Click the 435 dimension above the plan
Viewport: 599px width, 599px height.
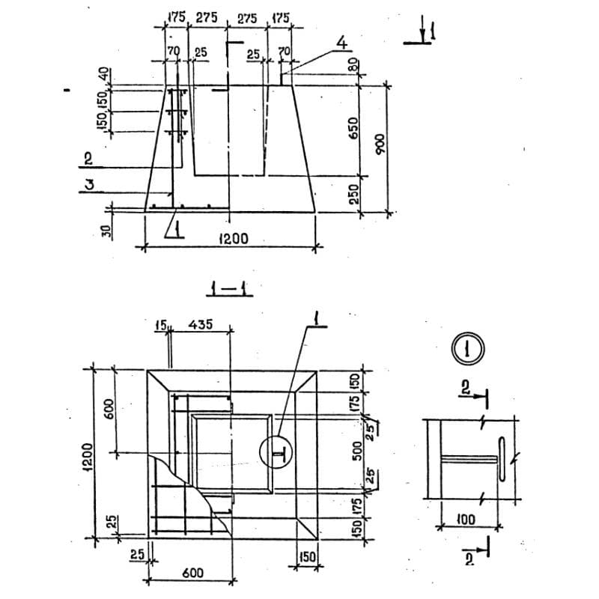coord(200,324)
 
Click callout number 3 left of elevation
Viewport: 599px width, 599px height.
coord(88,185)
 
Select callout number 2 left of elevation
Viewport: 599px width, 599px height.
coord(88,158)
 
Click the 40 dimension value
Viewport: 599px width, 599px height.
coord(105,75)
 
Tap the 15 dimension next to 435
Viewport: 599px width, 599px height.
coord(160,324)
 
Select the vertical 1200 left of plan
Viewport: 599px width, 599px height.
coord(87,454)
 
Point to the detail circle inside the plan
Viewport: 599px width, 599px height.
coord(275,452)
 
